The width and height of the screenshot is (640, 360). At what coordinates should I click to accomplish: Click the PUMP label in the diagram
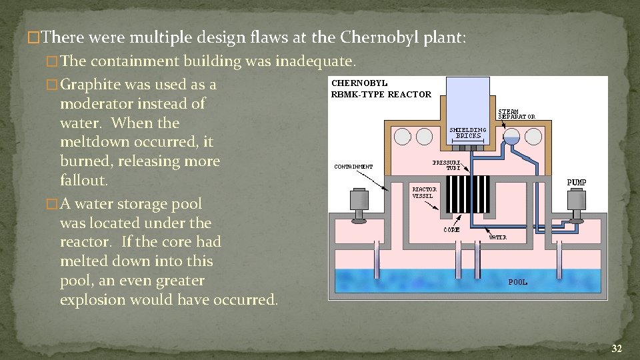coord(576,182)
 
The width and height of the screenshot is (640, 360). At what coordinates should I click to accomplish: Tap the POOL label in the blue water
coord(518,282)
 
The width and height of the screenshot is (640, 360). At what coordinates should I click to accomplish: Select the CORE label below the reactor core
coord(451,230)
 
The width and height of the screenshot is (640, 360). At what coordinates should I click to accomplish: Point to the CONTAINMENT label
coord(353,167)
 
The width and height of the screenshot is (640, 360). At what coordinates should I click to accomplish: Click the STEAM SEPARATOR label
coord(517,113)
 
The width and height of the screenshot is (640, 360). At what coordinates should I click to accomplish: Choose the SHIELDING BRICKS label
coord(468,132)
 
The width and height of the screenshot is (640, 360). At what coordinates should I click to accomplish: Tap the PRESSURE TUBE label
coord(446,165)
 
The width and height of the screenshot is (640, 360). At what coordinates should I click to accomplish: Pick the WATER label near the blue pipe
coord(498,237)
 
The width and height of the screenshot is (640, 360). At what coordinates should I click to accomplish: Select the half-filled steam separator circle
coord(511,137)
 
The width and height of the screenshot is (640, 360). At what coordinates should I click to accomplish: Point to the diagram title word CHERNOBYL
coord(359,83)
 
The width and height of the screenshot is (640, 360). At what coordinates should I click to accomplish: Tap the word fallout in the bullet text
coord(83,181)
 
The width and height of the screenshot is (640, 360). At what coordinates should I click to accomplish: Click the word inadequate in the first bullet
coord(315,62)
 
